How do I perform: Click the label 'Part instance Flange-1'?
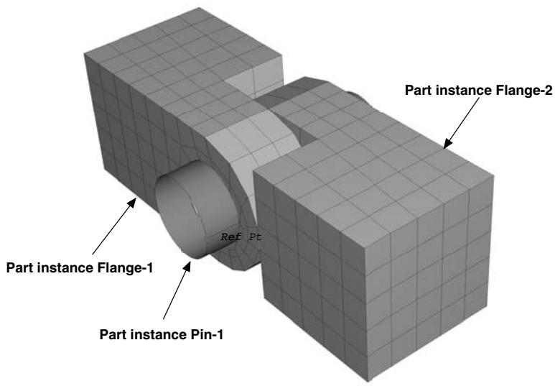tap(80, 267)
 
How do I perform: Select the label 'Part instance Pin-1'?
tap(162, 334)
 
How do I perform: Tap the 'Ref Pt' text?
tap(241, 236)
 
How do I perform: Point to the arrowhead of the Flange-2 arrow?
tap(447, 144)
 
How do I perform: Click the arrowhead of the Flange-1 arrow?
tap(132, 202)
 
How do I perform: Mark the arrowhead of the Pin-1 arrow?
tap(187, 266)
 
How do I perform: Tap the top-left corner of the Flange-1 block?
tap(84, 54)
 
